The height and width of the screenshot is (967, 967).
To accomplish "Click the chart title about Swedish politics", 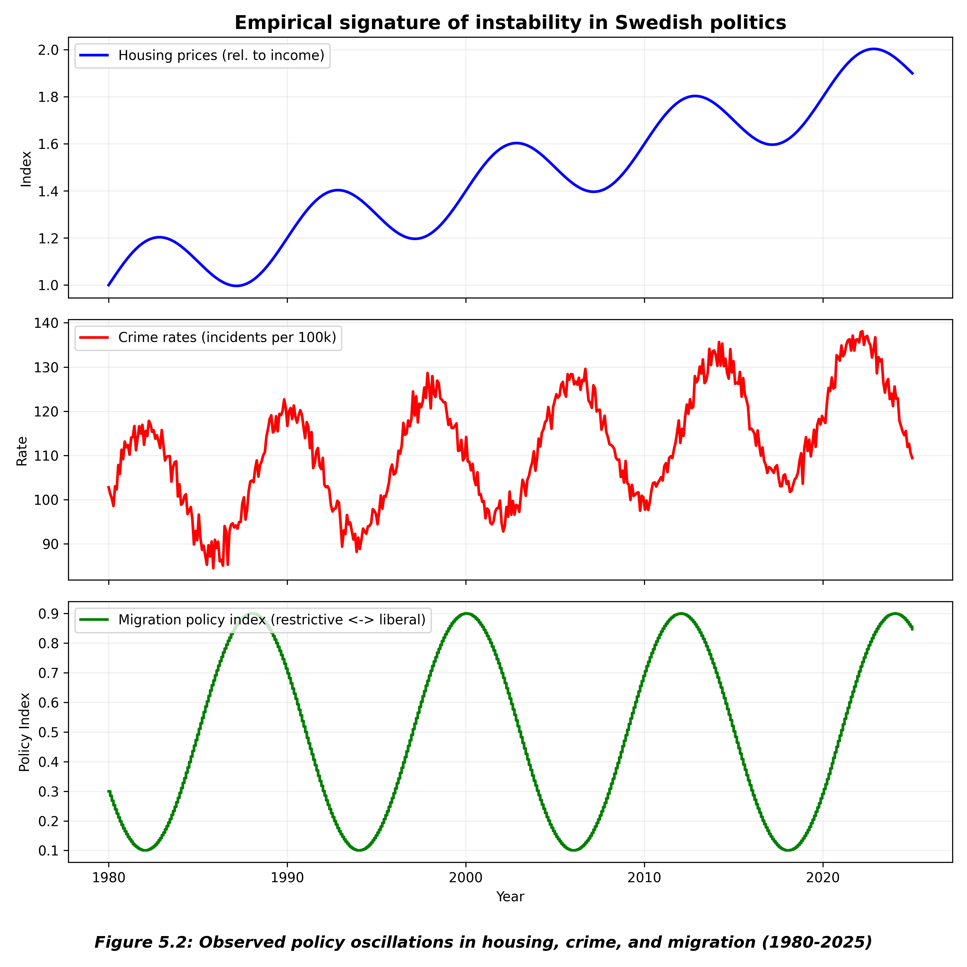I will click(510, 23).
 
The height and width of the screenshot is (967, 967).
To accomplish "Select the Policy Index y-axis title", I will click(25, 732).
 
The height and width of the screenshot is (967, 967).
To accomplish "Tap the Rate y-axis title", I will click(22, 451).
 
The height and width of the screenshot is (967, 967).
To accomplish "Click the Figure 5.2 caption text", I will click(483, 943).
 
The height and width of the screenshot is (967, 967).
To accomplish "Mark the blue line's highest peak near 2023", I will click(874, 49).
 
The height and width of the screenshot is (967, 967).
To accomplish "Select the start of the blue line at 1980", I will click(109, 285).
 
